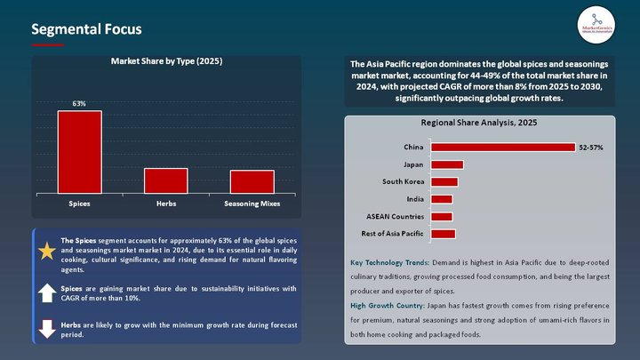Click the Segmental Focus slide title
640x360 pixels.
click(86, 29)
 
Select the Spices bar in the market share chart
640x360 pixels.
click(80, 151)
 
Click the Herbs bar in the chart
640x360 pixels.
click(166, 180)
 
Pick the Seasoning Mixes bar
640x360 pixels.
click(252, 181)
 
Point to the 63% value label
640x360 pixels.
click(79, 104)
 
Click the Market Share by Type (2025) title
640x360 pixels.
click(166, 61)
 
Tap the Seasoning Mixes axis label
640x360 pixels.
click(252, 204)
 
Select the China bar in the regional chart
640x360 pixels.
click(502, 147)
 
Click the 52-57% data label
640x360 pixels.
click(591, 147)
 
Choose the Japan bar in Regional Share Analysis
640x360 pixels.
click(446, 164)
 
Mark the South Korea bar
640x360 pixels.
click(444, 181)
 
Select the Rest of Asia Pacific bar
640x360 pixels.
click(443, 234)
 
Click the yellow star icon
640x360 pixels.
click(47, 252)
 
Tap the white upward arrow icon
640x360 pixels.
click(47, 293)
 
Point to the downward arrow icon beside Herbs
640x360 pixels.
click(47, 329)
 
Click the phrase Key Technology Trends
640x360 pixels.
click(389, 263)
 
